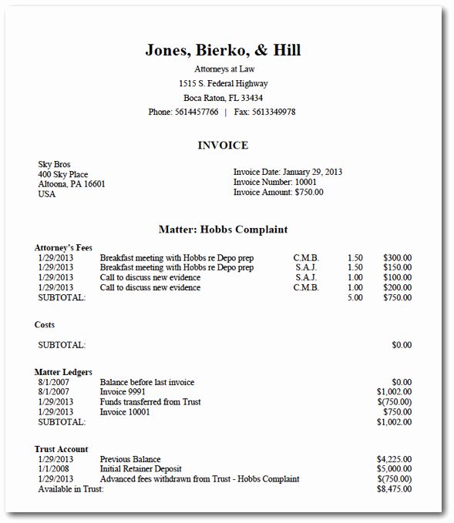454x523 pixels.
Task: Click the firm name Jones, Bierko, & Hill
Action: click(x=222, y=51)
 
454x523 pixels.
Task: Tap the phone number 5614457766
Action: click(x=196, y=112)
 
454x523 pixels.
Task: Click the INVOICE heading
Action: click(x=223, y=146)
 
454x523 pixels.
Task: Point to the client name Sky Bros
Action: click(x=55, y=164)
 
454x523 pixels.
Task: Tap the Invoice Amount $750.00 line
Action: click(x=278, y=192)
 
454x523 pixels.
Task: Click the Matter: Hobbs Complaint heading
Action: click(x=223, y=230)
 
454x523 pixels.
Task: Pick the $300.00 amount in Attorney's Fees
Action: click(x=397, y=258)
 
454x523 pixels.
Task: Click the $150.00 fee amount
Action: click(x=397, y=268)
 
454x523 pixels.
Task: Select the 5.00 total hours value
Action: click(x=355, y=297)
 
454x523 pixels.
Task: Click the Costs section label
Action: click(x=45, y=325)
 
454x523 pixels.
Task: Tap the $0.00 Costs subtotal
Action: click(x=402, y=345)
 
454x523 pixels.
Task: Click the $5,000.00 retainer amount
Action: click(x=394, y=469)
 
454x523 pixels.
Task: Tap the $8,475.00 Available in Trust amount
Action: click(x=394, y=489)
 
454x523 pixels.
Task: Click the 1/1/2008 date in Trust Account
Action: click(x=55, y=469)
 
